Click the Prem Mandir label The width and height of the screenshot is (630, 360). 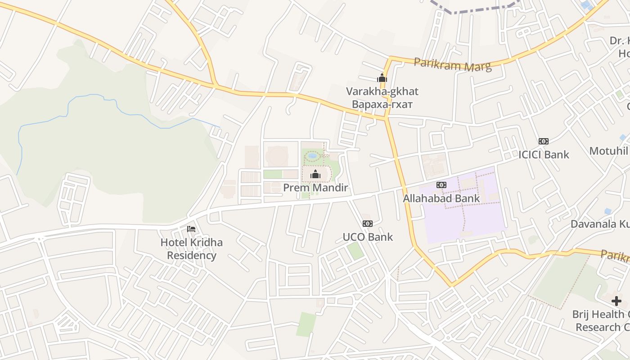tap(315, 188)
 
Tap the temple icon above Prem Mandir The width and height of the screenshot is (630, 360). tap(315, 174)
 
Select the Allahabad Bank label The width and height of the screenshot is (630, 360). tap(441, 198)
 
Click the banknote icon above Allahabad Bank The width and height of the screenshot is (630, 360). tap(441, 185)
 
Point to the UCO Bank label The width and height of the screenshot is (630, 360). tap(368, 237)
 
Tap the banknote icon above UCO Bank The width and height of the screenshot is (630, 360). tap(368, 224)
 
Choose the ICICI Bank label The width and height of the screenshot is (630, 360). tap(544, 155)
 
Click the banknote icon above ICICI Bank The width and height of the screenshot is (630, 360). tap(544, 141)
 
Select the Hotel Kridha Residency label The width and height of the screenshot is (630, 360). tap(191, 249)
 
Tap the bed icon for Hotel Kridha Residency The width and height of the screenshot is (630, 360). tap(191, 229)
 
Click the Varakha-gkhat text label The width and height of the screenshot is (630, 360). tap(382, 91)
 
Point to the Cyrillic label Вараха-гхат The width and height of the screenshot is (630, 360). tap(382, 104)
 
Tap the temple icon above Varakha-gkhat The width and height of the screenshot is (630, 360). tap(382, 78)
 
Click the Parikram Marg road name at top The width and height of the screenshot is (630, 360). tap(452, 64)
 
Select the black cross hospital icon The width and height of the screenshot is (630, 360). tap(616, 301)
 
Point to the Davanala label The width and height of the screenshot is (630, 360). tap(600, 224)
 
